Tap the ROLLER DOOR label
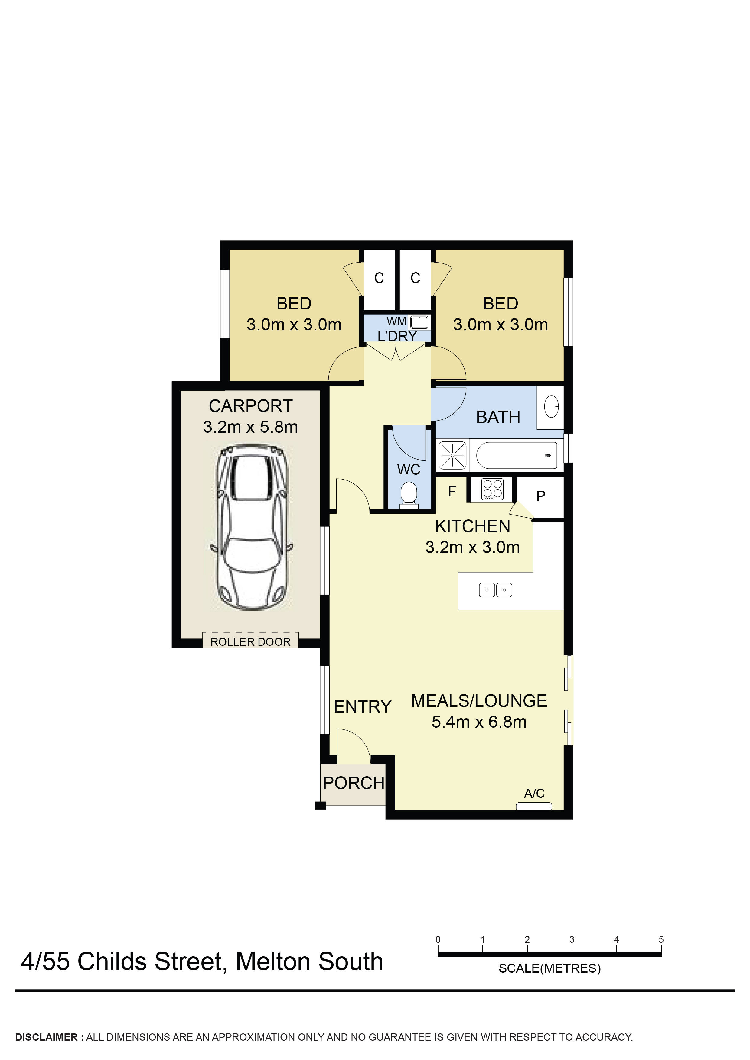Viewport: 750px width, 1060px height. [x=250, y=642]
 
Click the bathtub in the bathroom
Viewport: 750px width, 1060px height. [x=516, y=455]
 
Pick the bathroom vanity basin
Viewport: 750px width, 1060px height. [x=551, y=407]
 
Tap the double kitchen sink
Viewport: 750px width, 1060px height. [x=495, y=590]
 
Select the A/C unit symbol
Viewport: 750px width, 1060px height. [x=534, y=806]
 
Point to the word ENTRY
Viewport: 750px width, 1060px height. [x=363, y=706]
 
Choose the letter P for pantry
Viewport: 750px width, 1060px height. [x=541, y=496]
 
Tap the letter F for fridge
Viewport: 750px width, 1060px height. [x=452, y=492]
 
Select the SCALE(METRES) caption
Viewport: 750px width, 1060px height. [x=549, y=968]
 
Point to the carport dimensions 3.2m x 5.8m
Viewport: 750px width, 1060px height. [x=250, y=427]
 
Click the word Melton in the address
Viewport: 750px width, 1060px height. [x=273, y=962]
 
